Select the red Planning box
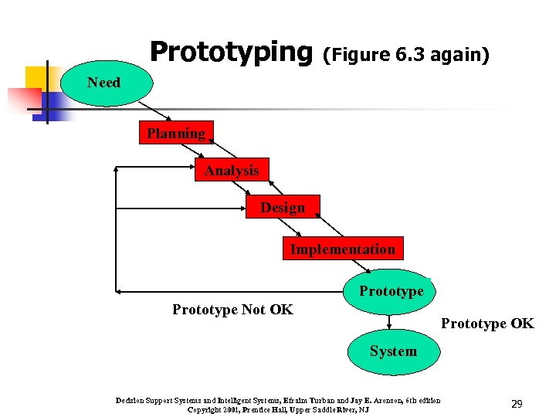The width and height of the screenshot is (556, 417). (x=177, y=134)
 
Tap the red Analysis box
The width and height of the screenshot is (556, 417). (x=232, y=170)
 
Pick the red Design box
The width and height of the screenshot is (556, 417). (x=283, y=207)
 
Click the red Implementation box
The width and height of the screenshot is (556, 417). (x=342, y=249)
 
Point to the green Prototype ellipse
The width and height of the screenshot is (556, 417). (x=390, y=290)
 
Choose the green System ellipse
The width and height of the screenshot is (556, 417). (x=392, y=351)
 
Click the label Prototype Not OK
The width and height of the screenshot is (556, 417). (x=232, y=310)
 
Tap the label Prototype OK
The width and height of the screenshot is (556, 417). (x=486, y=324)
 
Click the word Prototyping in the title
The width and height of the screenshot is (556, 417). (x=229, y=52)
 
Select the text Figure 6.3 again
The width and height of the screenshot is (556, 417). (x=405, y=56)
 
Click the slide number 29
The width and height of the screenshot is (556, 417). (x=517, y=404)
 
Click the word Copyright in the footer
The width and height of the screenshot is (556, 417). (x=205, y=409)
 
